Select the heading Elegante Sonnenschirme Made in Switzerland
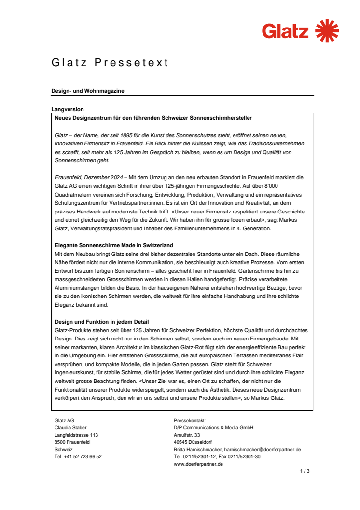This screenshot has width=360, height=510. pos(114,245)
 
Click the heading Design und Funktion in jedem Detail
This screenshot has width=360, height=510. pos(102,322)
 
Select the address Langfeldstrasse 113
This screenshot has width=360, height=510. pos(76,435)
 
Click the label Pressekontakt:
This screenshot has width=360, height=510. pos(190,421)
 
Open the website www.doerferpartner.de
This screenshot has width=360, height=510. pos(198,464)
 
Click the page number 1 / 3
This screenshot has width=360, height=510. pos(305,471)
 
